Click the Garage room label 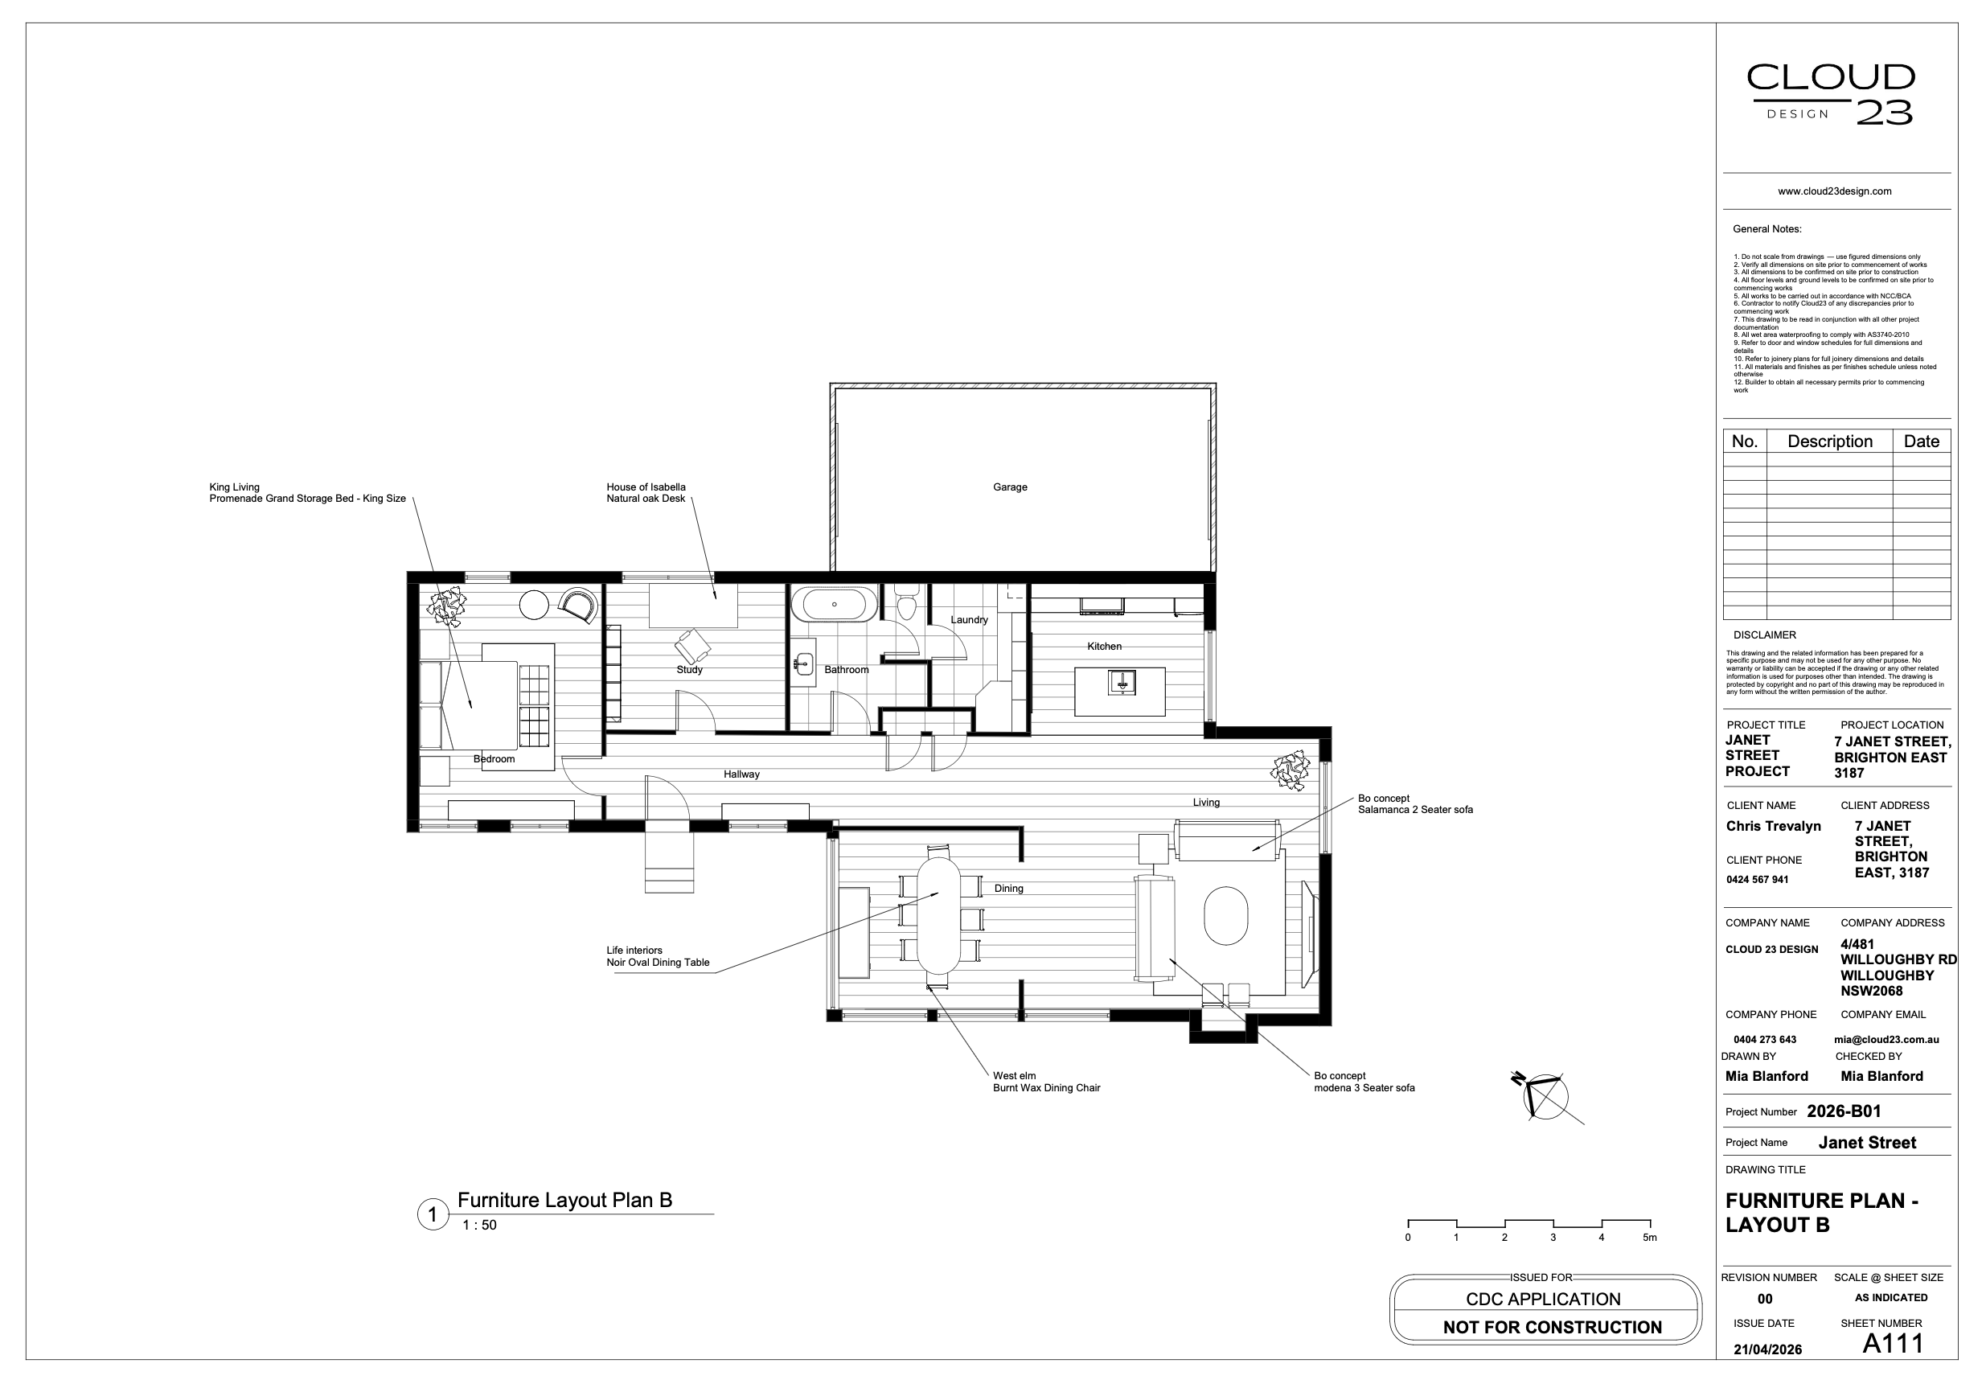1010,487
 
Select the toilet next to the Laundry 906,602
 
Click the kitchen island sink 1122,683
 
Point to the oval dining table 938,915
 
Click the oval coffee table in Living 1226,916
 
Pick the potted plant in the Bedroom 447,606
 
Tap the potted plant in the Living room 1290,770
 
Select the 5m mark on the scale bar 1650,1238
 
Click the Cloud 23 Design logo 1830,94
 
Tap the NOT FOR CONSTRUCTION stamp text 1552,1327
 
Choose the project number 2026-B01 1844,1111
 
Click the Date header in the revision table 1921,441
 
